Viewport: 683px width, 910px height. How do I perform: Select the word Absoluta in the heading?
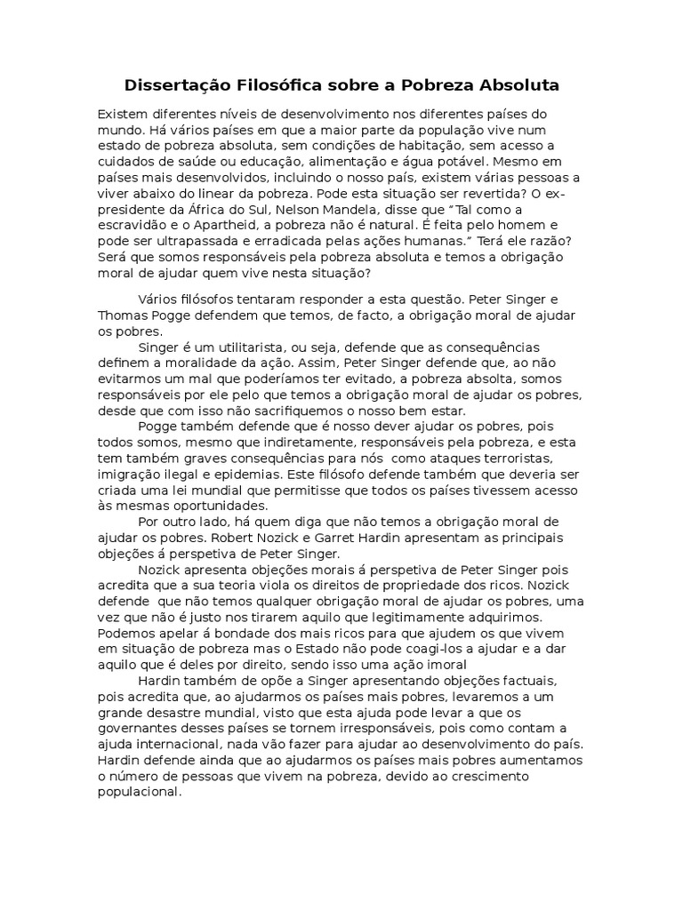tap(510, 86)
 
